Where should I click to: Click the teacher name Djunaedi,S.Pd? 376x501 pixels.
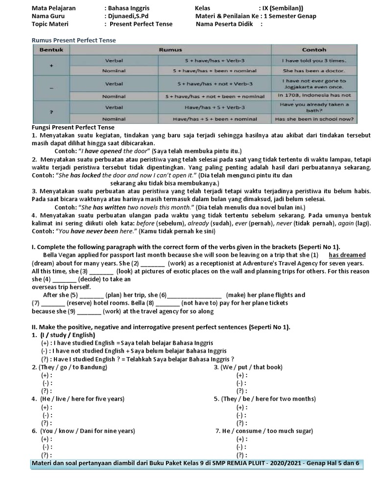tap(128, 16)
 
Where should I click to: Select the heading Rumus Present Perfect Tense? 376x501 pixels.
tap(74, 40)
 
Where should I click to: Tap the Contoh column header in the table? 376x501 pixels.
tap(314, 50)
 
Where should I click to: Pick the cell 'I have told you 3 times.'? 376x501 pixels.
tap(314, 61)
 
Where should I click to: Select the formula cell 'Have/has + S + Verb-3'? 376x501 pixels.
tap(215, 107)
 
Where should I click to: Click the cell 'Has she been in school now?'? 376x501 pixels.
tap(314, 118)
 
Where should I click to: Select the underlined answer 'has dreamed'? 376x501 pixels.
tap(347, 255)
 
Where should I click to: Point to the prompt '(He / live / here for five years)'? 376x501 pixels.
tap(78, 399)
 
